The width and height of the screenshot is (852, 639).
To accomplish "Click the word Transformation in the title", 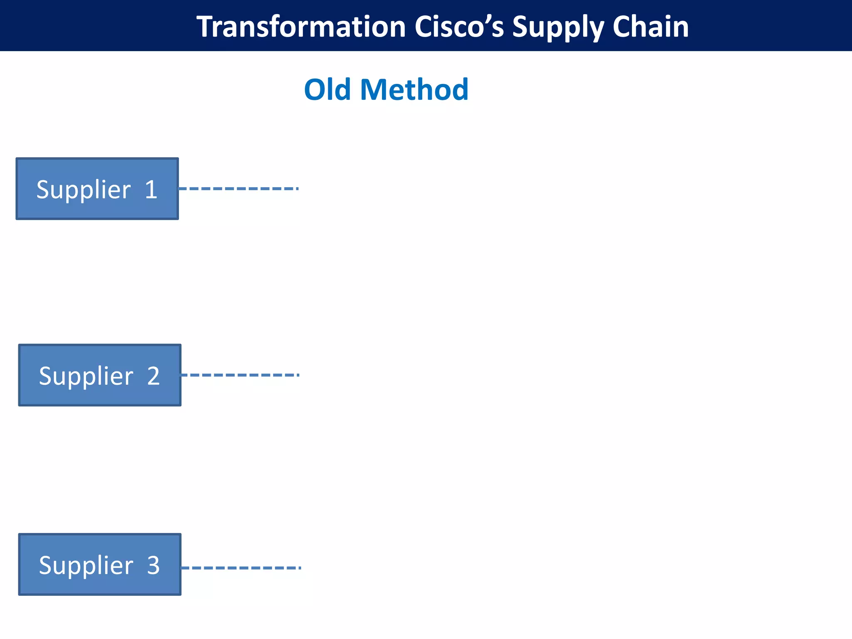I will pos(301,27).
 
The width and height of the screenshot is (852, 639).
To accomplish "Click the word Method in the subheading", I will pos(414,89).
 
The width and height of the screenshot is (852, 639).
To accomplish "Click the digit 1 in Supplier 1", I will pos(151,190).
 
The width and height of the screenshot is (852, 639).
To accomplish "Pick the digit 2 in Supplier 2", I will pos(154,376).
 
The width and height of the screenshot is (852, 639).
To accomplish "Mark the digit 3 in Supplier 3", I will pos(154,565).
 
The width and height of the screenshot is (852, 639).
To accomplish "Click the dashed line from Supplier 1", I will pos(238,188).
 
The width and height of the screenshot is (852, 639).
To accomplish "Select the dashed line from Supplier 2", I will pos(240,375).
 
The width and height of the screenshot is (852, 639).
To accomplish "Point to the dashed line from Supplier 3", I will pos(241,567).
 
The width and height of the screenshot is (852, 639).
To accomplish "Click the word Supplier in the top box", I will pos(84,190).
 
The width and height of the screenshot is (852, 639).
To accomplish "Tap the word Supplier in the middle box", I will pos(86,376).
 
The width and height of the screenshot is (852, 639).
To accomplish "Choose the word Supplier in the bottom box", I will pos(86,565).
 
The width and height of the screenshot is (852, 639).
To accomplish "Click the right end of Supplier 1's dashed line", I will pos(297,188).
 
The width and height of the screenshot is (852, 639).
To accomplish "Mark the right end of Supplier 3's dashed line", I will pos(300,567).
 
